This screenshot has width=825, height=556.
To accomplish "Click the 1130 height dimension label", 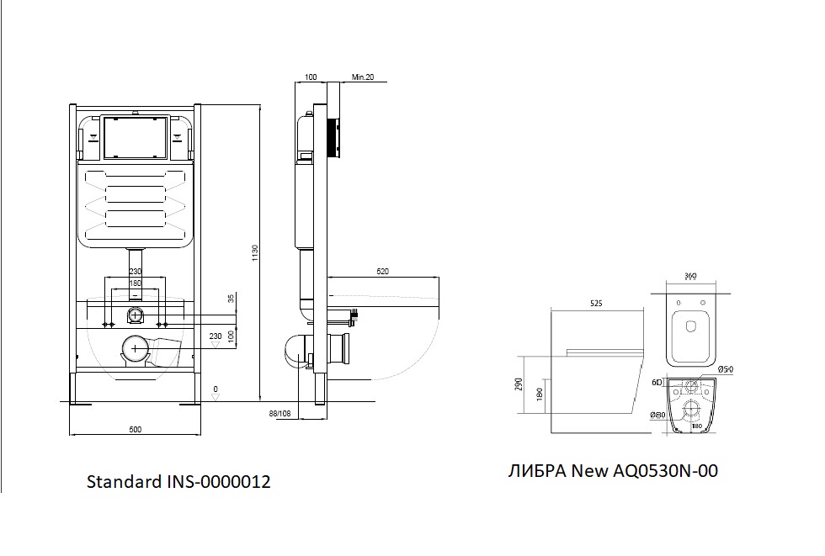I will [x=254, y=253].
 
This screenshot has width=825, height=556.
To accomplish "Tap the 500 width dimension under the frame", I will [x=135, y=430].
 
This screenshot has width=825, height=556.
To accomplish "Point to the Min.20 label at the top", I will [x=363, y=77].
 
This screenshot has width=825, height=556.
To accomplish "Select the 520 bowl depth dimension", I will [x=384, y=271].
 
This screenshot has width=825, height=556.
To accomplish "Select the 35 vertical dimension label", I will [x=230, y=299].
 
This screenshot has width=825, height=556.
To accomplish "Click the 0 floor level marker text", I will [x=216, y=389].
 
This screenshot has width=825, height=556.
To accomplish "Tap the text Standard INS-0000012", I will [x=178, y=482].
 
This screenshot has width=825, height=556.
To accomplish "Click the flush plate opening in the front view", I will [x=135, y=138].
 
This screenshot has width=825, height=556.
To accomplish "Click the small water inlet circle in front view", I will [x=135, y=316].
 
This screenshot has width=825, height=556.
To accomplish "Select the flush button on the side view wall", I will [x=333, y=138].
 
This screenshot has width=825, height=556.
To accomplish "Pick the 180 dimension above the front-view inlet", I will [x=135, y=283].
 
